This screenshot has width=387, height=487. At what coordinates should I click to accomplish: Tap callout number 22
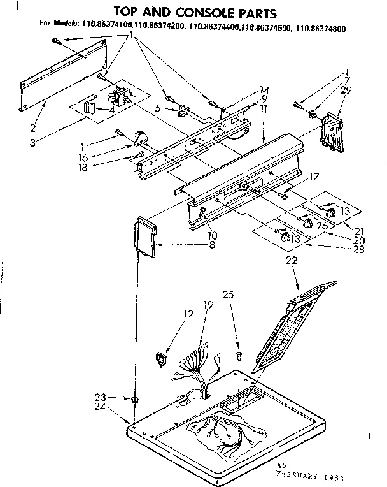pyautogui.click(x=292, y=259)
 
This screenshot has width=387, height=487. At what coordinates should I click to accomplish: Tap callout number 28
pyautogui.click(x=358, y=249)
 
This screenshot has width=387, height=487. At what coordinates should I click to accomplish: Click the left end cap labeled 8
pyautogui.click(x=147, y=236)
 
